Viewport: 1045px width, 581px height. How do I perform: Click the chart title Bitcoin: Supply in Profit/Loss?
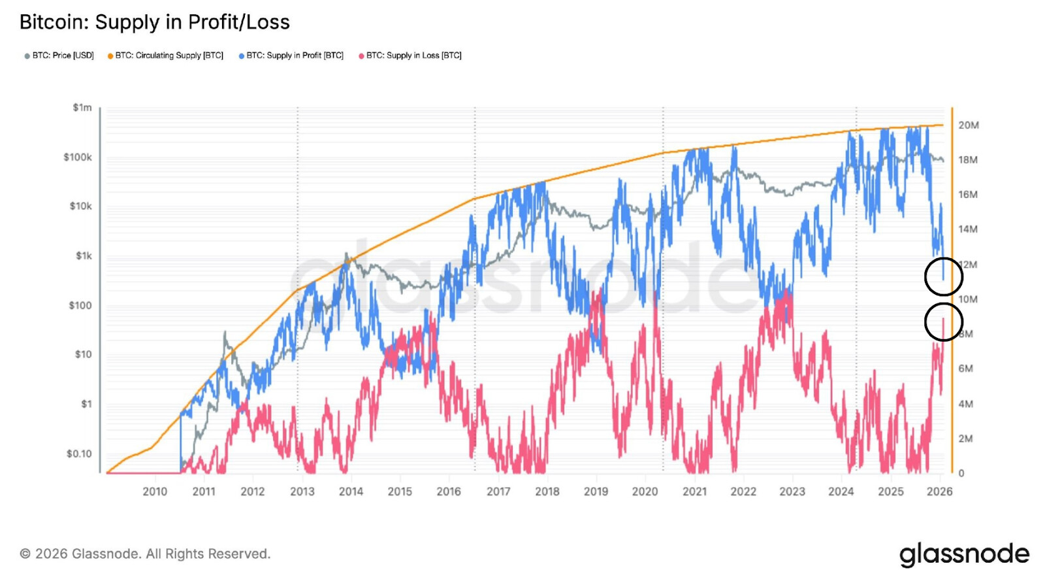click(x=154, y=22)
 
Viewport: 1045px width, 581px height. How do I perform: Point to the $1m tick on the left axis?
click(x=82, y=107)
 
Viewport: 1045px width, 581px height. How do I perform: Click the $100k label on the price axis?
click(x=78, y=157)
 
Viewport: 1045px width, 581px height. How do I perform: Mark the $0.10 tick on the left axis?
click(x=79, y=454)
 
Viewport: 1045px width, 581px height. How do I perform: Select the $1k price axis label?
click(x=84, y=256)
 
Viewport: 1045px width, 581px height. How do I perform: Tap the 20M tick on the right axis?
click(x=969, y=125)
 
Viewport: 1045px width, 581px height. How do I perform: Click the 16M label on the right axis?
click(x=968, y=195)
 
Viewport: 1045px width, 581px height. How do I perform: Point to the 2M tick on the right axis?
click(x=965, y=439)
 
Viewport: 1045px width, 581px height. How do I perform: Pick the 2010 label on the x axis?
click(x=155, y=491)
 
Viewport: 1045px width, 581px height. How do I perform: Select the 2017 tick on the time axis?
click(x=498, y=491)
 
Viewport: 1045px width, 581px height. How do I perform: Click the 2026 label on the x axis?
click(x=940, y=491)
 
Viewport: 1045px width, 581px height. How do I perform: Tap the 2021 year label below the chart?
click(x=694, y=491)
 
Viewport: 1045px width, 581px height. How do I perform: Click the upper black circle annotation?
click(x=944, y=277)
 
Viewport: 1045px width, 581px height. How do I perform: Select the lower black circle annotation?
click(x=944, y=322)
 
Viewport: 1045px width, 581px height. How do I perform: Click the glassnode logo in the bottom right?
click(x=964, y=554)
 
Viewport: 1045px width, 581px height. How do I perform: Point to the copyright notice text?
click(x=145, y=554)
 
